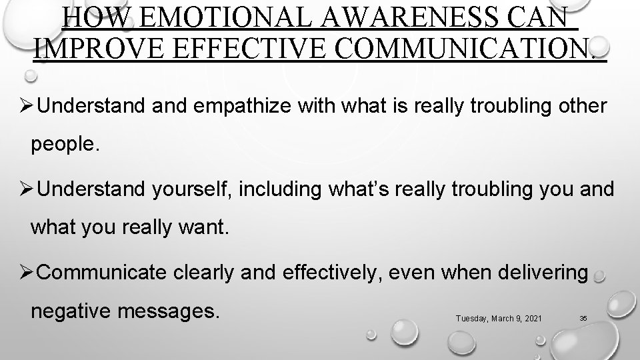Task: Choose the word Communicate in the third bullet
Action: [105, 273]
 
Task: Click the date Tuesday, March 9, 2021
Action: [499, 319]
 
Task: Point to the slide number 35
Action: [583, 319]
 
